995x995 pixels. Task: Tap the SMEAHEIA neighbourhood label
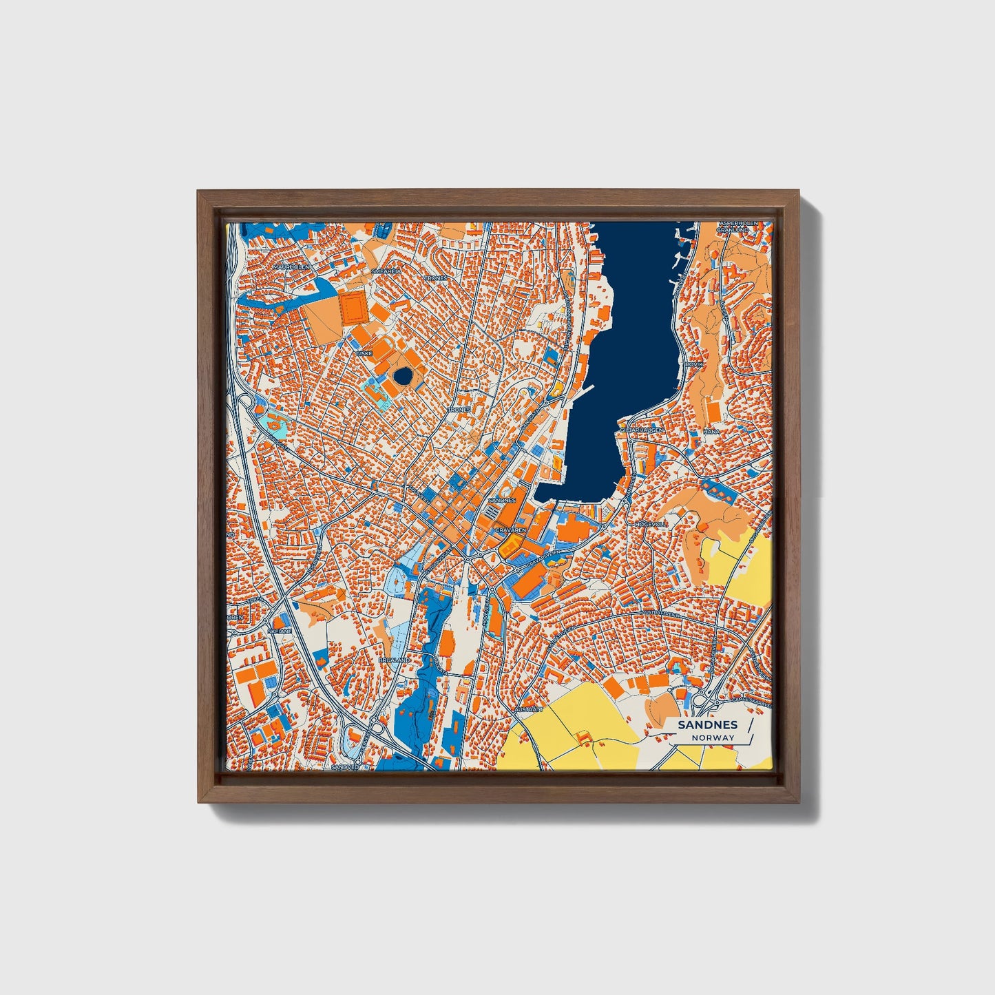click(386, 272)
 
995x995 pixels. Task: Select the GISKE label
click(364, 353)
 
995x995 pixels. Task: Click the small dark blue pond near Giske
click(402, 376)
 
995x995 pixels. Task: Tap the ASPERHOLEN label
click(738, 224)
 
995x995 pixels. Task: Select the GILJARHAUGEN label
click(642, 429)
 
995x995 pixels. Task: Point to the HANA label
click(711, 432)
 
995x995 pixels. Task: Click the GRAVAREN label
click(511, 530)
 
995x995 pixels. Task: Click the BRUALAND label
click(394, 660)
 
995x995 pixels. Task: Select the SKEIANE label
click(280, 630)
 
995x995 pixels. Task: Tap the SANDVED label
click(345, 766)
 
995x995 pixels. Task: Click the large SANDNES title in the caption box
click(707, 724)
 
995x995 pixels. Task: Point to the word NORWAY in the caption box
click(714, 737)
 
